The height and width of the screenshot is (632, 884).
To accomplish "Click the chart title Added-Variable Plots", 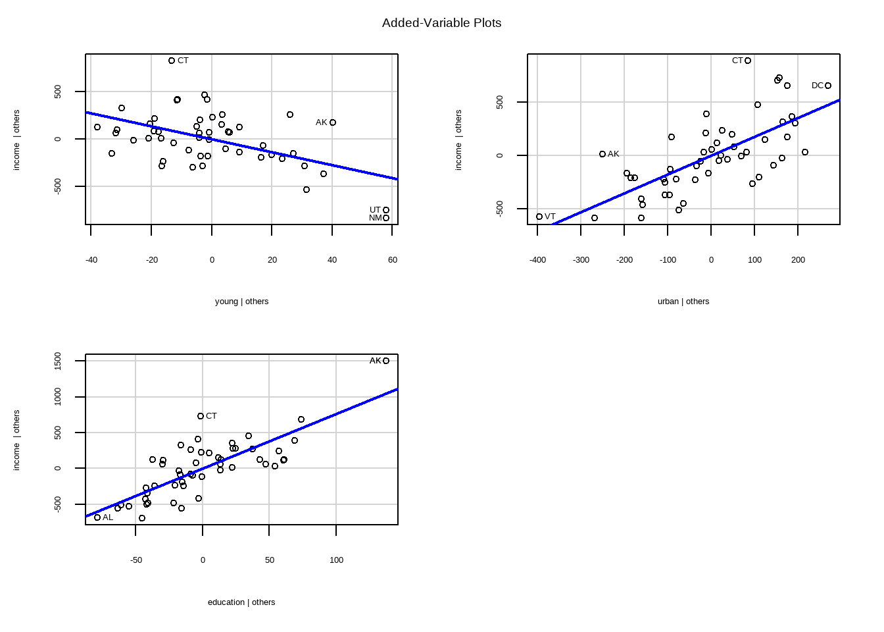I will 441,23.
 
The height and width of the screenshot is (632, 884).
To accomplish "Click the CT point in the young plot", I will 172,61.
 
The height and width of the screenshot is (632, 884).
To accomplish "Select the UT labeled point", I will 386,210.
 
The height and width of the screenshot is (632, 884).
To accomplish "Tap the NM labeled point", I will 386,218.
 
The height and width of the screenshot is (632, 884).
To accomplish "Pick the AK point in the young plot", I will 333,122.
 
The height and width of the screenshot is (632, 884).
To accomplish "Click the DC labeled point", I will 828,86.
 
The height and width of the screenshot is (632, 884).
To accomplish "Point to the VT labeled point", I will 539,217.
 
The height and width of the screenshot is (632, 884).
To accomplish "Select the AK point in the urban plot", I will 602,154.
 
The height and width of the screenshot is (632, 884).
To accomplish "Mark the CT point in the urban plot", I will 748,61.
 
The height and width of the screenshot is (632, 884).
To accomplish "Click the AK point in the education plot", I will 386,361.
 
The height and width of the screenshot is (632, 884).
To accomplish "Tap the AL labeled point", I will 97,517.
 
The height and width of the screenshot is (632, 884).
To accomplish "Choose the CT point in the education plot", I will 201,416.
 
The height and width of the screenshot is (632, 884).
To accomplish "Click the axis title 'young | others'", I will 241,302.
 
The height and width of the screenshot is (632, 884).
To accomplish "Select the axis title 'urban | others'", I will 683,302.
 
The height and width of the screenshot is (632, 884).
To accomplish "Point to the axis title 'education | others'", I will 241,602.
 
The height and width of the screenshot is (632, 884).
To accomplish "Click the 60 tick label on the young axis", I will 393,260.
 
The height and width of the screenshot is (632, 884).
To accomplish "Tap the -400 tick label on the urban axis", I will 537,260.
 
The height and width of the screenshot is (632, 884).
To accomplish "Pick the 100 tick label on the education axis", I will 336,560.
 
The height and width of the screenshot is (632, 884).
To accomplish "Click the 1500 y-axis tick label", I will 59,361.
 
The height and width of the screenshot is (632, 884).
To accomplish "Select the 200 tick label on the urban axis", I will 798,260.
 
